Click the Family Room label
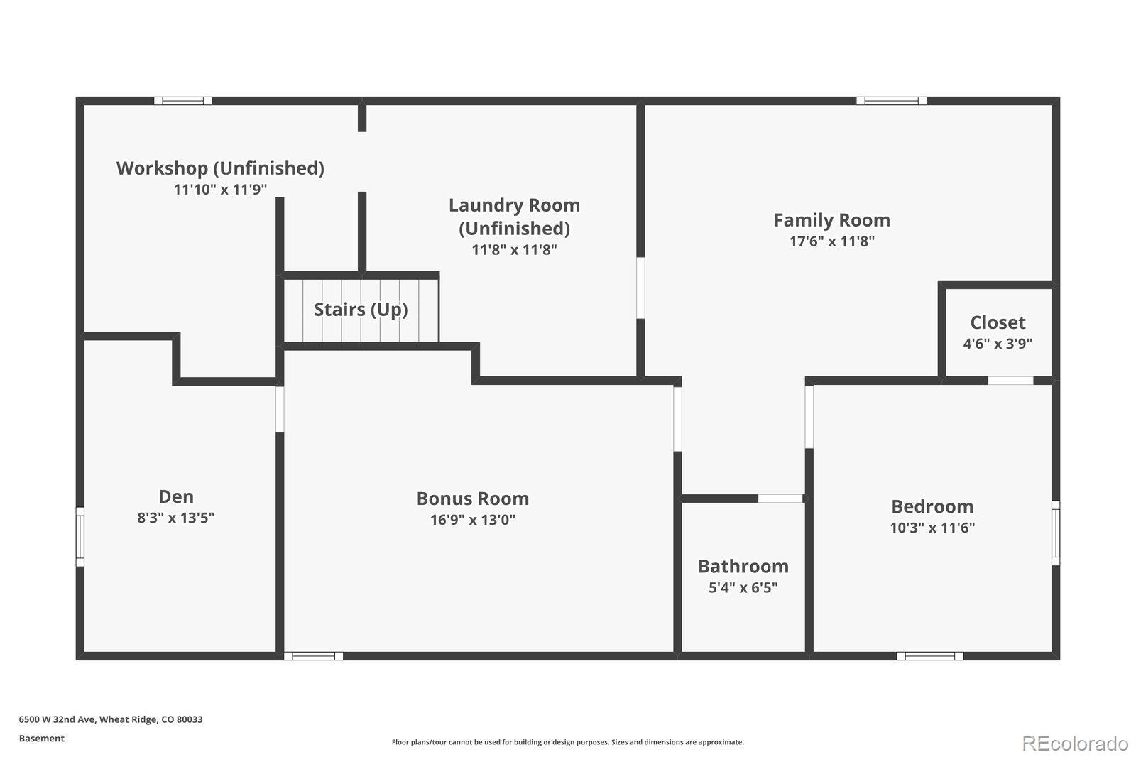[831, 220]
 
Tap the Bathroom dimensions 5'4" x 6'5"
[743, 587]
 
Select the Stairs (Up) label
[361, 310]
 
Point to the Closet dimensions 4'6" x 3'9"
[998, 344]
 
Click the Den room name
[176, 496]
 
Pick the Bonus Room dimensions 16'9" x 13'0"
[473, 520]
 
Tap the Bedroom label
[932, 506]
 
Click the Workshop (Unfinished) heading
[220, 168]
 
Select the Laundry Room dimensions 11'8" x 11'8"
[514, 250]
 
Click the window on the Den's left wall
[80, 536]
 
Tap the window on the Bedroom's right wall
[1056, 533]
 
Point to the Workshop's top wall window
[183, 100]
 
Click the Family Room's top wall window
[892, 100]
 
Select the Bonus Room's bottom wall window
[313, 656]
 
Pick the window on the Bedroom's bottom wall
[929, 656]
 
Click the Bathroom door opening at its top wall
[780, 499]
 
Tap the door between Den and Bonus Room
[280, 410]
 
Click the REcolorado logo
[1075, 744]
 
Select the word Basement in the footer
[42, 739]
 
